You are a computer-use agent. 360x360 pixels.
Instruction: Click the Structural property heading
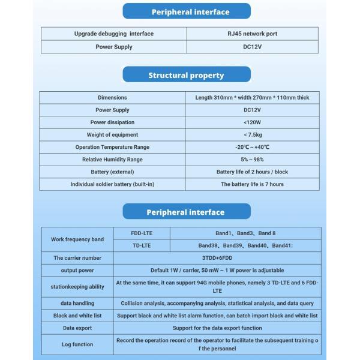pyautogui.click(x=186, y=76)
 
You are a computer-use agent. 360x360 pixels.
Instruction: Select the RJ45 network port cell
pyautogui.click(x=252, y=34)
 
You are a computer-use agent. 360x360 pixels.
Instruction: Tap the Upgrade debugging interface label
pyautogui.click(x=113, y=34)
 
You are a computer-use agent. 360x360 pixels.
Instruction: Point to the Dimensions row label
pyautogui.click(x=113, y=97)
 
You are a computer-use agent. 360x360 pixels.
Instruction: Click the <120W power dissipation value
pyautogui.click(x=252, y=122)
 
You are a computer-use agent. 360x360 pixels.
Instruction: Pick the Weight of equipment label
pyautogui.click(x=113, y=134)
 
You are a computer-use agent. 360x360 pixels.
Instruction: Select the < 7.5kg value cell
pyautogui.click(x=252, y=134)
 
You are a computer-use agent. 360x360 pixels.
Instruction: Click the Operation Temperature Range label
pyautogui.click(x=113, y=147)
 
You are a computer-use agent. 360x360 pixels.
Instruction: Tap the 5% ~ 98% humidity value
pyautogui.click(x=252, y=160)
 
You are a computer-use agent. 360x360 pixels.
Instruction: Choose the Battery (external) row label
pyautogui.click(x=113, y=172)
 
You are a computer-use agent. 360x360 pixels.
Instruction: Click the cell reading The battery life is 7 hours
pyautogui.click(x=252, y=184)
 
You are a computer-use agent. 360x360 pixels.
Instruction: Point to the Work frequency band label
pyautogui.click(x=77, y=239)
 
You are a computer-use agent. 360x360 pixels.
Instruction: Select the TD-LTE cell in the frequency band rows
pyautogui.click(x=142, y=245)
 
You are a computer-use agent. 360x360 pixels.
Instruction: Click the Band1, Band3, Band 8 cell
pyautogui.click(x=245, y=233)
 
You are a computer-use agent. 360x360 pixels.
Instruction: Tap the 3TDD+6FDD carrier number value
pyautogui.click(x=217, y=258)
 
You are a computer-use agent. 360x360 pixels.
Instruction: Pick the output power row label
pyautogui.click(x=77, y=270)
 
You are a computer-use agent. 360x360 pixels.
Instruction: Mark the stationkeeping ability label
pyautogui.click(x=77, y=287)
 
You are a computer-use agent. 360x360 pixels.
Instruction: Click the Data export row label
pyautogui.click(x=77, y=328)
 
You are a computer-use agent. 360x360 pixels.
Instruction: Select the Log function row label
pyautogui.click(x=77, y=344)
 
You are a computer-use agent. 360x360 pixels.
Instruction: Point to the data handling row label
pyautogui.click(x=77, y=304)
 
